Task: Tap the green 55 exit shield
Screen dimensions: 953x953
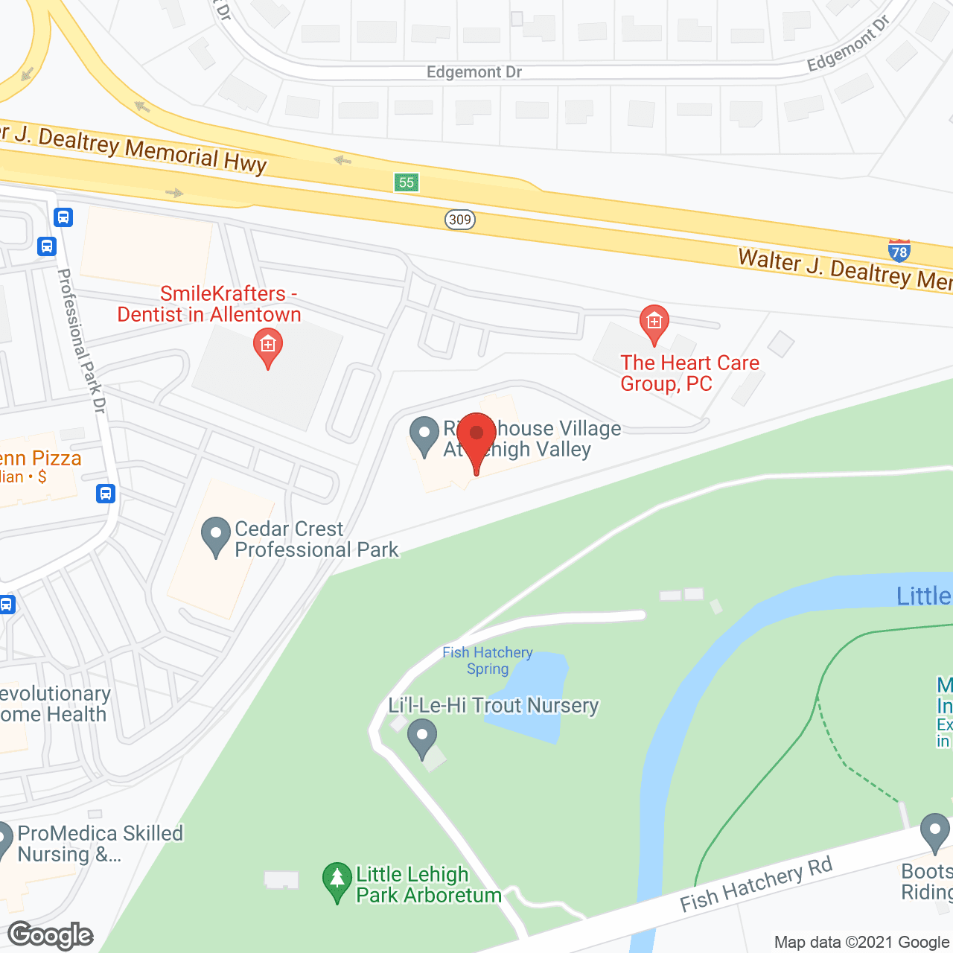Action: coord(406,182)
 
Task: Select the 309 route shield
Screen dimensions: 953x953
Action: coord(460,219)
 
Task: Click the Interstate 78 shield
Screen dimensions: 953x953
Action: coord(899,252)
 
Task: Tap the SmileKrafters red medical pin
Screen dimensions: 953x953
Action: coord(268,347)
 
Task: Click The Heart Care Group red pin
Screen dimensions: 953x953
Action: coord(654,323)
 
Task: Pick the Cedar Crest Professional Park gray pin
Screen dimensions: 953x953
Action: coord(216,535)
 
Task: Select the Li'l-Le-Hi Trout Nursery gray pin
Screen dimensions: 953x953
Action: coord(422,737)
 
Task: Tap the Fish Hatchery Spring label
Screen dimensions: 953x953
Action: coord(488,660)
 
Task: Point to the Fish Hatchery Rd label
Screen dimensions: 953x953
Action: coord(756,884)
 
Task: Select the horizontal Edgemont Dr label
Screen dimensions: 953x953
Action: coord(474,72)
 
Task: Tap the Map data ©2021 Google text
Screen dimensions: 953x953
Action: coord(861,943)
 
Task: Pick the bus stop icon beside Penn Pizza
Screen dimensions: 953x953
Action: coord(106,493)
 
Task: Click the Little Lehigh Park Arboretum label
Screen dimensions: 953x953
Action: coord(428,885)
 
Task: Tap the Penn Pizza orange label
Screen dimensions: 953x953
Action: coord(40,459)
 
